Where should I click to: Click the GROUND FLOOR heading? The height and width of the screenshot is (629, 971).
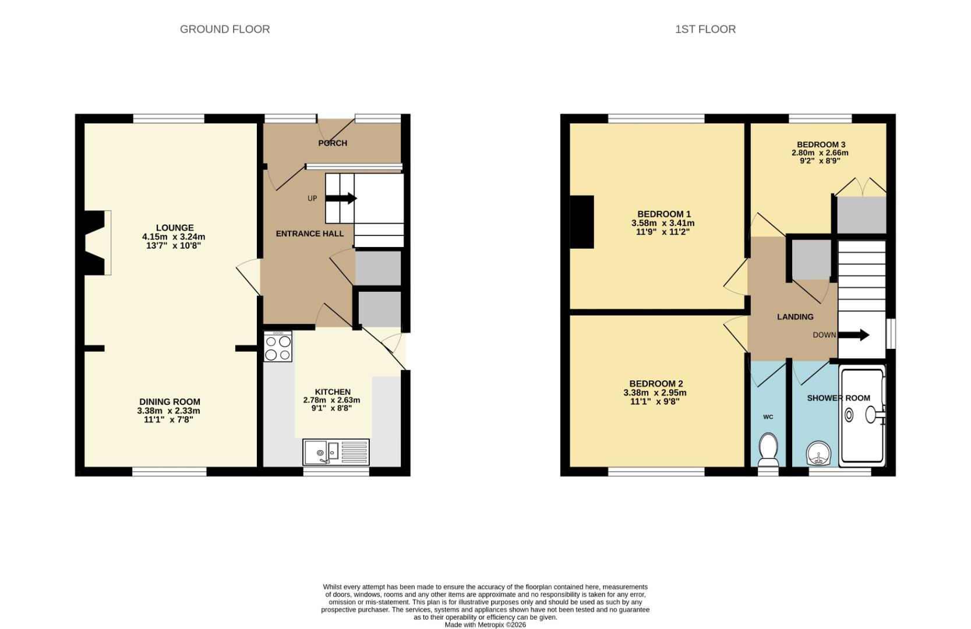point(224,29)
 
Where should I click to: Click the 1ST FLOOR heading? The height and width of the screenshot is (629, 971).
point(705,29)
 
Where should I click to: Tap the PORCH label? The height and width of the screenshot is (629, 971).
point(333,143)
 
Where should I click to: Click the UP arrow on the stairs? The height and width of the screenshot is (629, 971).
point(341,199)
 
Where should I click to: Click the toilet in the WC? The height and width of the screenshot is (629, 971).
point(768,450)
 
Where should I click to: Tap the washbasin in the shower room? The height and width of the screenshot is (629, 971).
point(819,453)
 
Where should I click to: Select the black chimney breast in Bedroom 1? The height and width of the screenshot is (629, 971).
point(581,222)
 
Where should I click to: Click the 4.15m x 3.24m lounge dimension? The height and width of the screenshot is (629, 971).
point(174,237)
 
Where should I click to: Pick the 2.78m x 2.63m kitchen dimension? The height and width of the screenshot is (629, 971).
point(331,400)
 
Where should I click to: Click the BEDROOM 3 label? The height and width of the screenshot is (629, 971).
point(821,144)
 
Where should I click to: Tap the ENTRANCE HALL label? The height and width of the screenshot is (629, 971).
point(309,234)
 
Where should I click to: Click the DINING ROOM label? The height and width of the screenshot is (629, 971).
point(170,402)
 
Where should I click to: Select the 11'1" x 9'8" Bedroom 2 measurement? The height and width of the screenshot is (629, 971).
point(655,401)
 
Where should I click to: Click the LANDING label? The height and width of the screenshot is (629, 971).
point(795,317)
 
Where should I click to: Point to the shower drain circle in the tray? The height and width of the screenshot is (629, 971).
point(849,415)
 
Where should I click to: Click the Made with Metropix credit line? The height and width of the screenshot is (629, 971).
point(485,624)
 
